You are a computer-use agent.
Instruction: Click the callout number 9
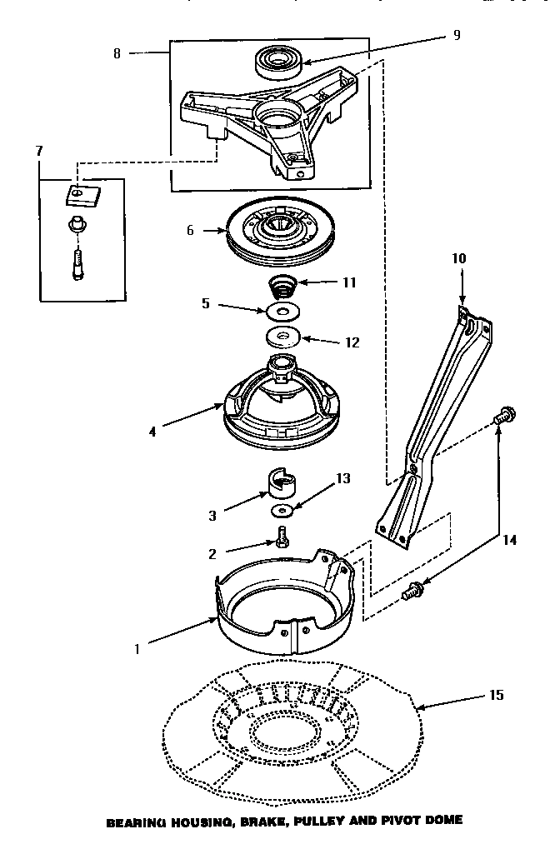[x=456, y=35]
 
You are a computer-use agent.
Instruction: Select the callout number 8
[x=116, y=52]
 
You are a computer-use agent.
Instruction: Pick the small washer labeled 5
[x=282, y=312]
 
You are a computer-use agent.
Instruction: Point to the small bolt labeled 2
[x=282, y=539]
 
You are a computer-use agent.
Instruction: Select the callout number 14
[x=509, y=540]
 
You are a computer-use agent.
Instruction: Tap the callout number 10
[x=460, y=259]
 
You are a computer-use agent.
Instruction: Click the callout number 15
[x=496, y=695]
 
